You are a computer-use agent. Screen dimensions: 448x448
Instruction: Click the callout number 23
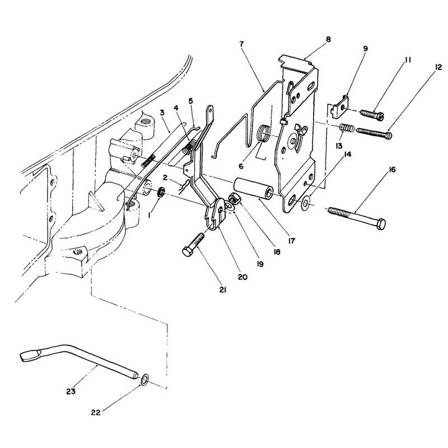coord(71,391)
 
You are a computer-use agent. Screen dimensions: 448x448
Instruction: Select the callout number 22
coord(96,413)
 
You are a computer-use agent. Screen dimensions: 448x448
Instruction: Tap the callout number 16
coord(393,170)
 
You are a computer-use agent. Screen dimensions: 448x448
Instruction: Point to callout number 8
coord(328,39)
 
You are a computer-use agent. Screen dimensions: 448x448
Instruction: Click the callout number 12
coord(438,67)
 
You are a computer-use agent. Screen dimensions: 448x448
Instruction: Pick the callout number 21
coord(223,290)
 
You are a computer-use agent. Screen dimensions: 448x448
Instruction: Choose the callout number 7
coord(242,44)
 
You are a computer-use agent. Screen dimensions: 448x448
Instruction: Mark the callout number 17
coord(291,241)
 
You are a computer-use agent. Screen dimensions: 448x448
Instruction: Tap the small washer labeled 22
coord(144,380)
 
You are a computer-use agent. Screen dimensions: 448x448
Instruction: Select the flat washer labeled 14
coord(305,203)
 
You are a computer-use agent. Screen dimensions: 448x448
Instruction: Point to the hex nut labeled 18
coord(234,198)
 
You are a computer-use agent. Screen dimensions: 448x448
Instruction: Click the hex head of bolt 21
coord(188,251)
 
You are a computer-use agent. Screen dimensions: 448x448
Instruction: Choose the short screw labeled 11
coord(372,115)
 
